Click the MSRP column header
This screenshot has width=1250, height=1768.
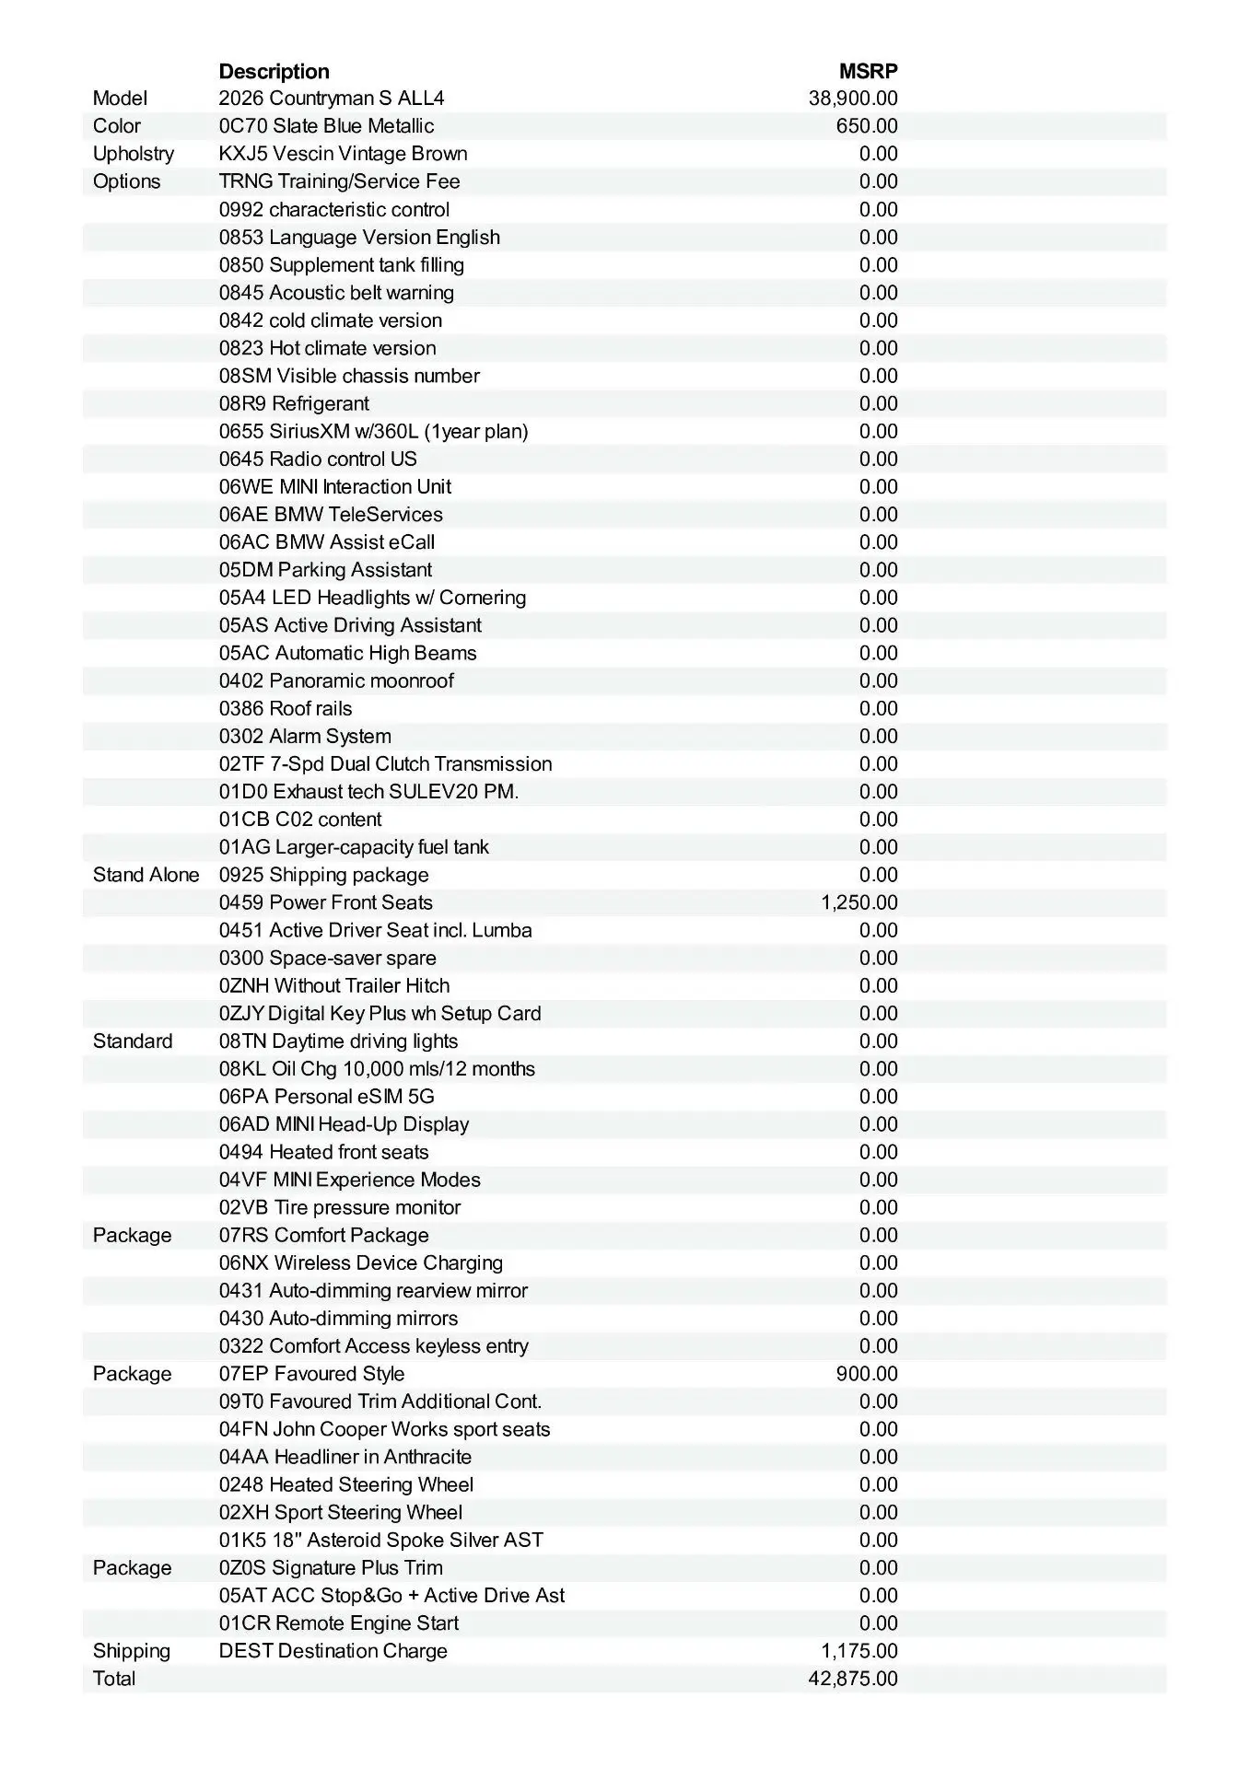click(868, 71)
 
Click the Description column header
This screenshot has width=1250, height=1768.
click(274, 71)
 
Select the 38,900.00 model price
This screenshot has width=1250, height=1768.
click(853, 99)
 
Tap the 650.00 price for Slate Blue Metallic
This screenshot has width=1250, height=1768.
click(867, 126)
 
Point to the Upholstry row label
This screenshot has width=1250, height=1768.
click(134, 154)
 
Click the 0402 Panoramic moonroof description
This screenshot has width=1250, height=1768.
click(336, 680)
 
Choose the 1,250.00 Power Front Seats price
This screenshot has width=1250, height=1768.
click(859, 902)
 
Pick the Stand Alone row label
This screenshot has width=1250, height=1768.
click(146, 875)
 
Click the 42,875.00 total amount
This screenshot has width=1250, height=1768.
click(853, 1679)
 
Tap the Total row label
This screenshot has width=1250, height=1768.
click(114, 1679)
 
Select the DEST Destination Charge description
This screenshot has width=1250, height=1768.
click(333, 1651)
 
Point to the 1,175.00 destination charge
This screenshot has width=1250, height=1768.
click(859, 1651)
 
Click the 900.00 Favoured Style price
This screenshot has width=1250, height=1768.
click(867, 1374)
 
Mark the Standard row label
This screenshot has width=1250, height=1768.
click(133, 1041)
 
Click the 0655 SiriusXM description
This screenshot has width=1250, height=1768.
click(373, 431)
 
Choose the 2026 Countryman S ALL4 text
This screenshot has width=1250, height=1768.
click(332, 99)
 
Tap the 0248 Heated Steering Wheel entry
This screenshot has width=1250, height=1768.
click(346, 1484)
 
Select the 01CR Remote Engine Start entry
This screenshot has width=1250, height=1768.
click(339, 1623)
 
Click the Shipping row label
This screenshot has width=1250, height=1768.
click(132, 1651)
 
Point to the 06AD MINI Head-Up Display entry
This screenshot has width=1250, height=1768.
click(344, 1124)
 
